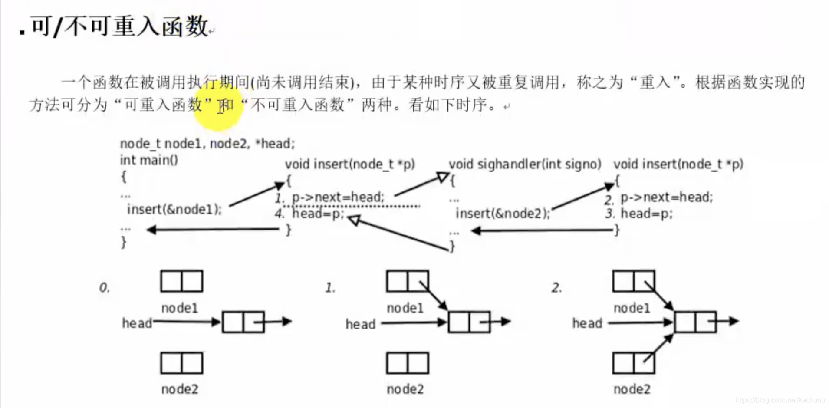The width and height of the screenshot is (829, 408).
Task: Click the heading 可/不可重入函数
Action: point(119,26)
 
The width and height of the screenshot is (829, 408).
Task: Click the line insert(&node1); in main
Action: point(174,209)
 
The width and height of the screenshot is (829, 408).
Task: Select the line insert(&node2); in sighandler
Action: point(503,214)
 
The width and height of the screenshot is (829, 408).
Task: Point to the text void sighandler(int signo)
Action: point(524,165)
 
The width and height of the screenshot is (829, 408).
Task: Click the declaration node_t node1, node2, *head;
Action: point(207,144)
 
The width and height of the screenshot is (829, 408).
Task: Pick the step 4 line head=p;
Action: point(317,214)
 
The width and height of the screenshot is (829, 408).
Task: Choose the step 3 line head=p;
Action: point(646,214)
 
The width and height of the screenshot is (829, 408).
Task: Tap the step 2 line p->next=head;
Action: point(666,197)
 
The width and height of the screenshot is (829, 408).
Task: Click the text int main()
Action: point(149,160)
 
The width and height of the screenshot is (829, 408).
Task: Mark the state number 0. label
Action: point(104,287)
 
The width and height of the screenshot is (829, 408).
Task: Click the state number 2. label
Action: point(556,287)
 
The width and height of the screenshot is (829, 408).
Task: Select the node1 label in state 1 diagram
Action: point(405,308)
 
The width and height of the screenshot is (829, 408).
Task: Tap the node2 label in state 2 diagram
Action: point(632,389)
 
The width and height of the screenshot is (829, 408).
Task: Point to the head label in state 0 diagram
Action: point(137,323)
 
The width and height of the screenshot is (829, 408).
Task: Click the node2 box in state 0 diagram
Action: point(181,363)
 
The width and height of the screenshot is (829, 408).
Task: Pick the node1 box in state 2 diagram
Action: point(633,281)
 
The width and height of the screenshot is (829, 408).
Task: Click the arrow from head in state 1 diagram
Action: point(412,322)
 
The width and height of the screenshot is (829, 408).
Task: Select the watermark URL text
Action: point(780,400)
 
